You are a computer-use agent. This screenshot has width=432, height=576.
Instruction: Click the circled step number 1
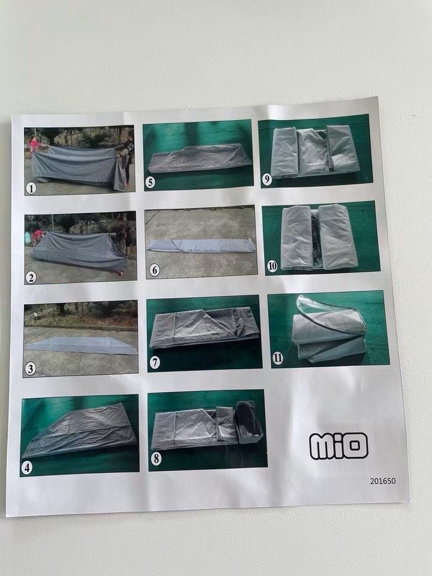[31, 188]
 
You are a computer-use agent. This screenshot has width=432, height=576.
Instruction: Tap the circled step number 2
[31, 278]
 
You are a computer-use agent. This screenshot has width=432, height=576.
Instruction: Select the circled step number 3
[30, 368]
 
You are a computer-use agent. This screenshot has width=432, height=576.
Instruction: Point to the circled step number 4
[27, 467]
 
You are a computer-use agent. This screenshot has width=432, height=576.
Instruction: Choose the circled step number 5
[150, 182]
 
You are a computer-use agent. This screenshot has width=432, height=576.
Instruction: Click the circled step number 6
[154, 271]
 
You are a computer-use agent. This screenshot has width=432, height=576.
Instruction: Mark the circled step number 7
[155, 362]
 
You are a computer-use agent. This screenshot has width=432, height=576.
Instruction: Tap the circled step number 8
[156, 458]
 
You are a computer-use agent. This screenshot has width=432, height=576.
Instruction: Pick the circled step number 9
[266, 179]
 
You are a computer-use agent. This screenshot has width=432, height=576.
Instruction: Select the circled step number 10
[272, 266]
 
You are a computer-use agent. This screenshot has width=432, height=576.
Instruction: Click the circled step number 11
[278, 358]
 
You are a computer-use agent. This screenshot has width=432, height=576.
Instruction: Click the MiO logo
[338, 446]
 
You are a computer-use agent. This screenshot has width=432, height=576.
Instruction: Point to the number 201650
[383, 481]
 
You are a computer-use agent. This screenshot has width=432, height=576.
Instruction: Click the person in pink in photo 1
[34, 145]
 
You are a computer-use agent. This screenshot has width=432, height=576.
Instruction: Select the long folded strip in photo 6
[202, 245]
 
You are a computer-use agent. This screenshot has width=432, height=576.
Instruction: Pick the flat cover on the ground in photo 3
[82, 346]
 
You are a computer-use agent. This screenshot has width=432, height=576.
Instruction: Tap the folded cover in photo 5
[199, 158]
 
